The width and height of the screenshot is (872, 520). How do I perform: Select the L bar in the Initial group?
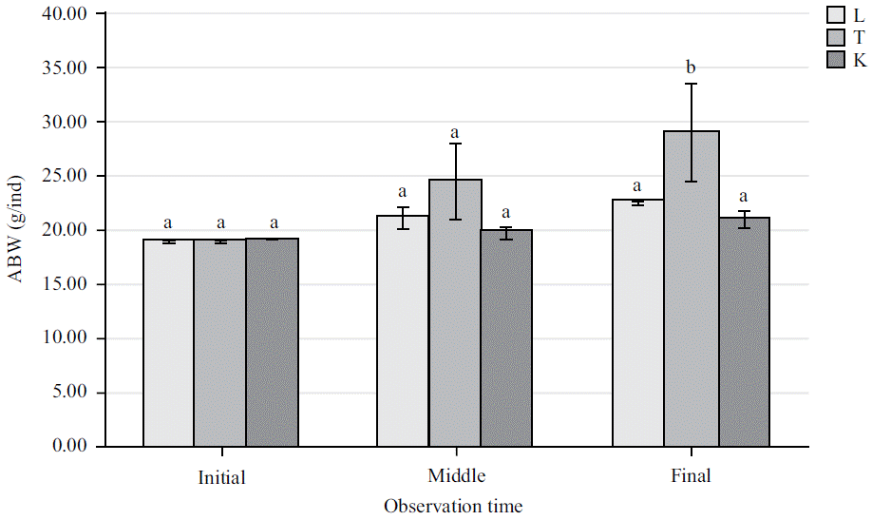tap(168, 342)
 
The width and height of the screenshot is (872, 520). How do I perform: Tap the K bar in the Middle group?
tap(506, 337)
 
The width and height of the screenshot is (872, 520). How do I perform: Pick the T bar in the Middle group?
tap(455, 313)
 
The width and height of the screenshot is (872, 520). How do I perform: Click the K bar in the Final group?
tap(744, 332)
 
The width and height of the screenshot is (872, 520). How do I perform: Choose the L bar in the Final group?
tap(637, 323)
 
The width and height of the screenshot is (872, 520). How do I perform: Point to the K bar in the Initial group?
tap(273, 342)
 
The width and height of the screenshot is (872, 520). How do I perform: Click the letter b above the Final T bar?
tap(691, 67)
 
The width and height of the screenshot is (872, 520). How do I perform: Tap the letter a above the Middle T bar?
tap(455, 131)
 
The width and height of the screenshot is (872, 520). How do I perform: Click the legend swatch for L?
tap(836, 15)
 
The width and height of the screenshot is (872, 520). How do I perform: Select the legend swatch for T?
tap(836, 38)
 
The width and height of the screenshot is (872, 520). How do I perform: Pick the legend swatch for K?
tap(836, 61)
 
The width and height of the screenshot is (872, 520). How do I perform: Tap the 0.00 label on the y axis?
tap(68, 446)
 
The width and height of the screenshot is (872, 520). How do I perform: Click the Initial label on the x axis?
tap(222, 476)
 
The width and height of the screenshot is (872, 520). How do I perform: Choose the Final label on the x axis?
tap(690, 474)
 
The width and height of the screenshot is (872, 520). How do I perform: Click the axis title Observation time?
tap(453, 506)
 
